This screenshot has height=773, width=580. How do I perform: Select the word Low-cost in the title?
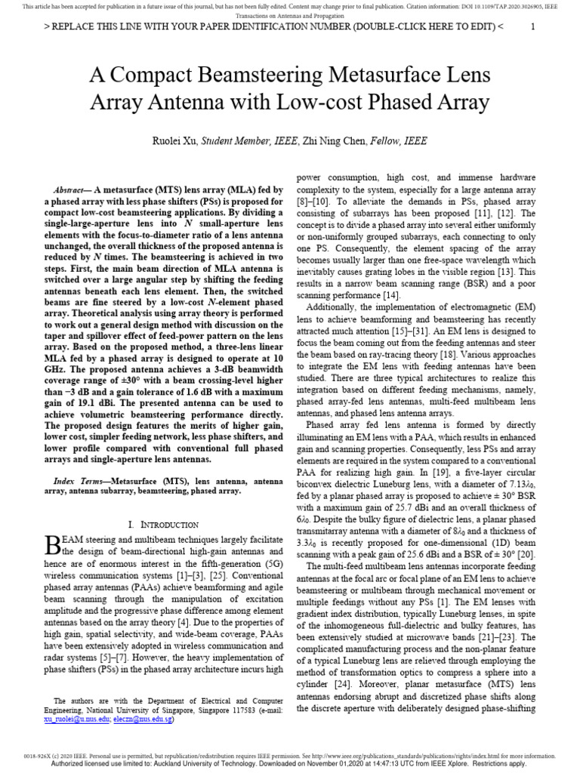[x=341, y=102]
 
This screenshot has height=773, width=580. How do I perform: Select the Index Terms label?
[x=77, y=481]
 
